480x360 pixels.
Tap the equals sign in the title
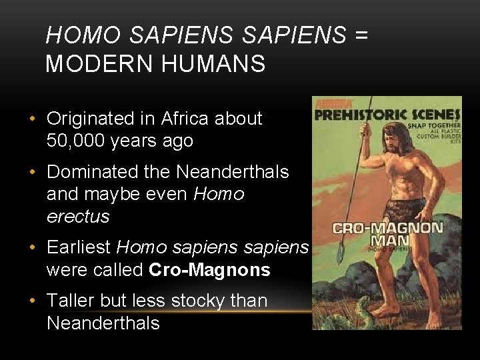coord(361,35)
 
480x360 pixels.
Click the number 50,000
coord(78,141)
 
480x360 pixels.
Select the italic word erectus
coord(77,217)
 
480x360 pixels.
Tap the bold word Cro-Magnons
coord(210,270)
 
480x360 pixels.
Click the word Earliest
coord(79,248)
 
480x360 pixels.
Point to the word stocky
coord(199,301)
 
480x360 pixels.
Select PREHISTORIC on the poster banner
coord(361,115)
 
